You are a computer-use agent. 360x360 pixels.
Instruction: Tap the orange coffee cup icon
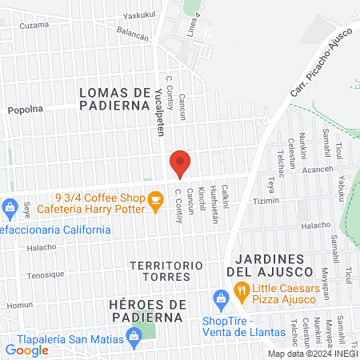[x=155, y=204]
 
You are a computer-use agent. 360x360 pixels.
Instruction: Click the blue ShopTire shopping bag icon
[x=222, y=302]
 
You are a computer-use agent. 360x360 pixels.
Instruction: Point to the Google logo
[x=27, y=350]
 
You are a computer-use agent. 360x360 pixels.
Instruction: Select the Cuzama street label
[x=34, y=26]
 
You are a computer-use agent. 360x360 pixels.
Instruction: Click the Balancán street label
[x=133, y=34]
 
